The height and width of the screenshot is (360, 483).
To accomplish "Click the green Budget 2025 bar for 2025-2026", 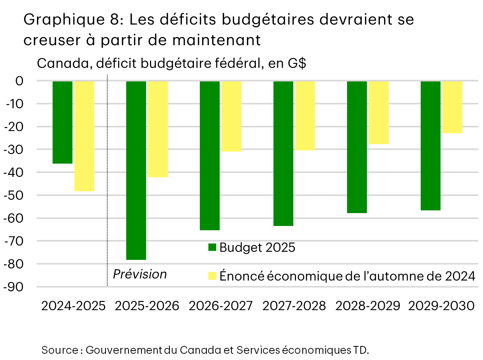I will point(136,170).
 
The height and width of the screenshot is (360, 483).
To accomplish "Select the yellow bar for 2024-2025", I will point(84,136).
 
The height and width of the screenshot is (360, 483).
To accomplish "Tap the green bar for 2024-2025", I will point(62,122).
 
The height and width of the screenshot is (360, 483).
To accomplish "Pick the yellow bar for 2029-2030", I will point(452,107).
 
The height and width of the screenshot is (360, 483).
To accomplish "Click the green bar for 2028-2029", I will point(357,147).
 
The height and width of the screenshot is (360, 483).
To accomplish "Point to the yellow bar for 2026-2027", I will point(231,116).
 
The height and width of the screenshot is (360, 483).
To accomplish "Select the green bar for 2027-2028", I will point(283,154).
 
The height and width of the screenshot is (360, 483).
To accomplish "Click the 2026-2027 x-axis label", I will point(220,306).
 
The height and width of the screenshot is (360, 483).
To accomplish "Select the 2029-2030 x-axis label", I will point(441,306).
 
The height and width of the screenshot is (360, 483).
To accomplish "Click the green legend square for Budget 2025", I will point(212,248).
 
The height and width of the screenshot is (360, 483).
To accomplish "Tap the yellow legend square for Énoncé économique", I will point(212,276).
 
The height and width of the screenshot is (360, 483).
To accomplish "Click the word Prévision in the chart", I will point(140,274).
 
